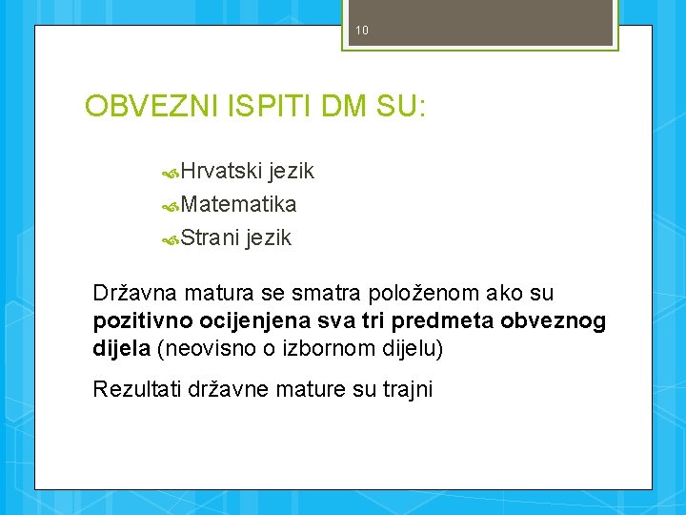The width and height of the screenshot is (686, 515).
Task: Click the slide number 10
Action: pos(361,31)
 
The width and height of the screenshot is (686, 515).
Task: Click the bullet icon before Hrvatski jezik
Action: pos(171,173)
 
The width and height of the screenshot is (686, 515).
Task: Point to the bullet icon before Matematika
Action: pos(171,205)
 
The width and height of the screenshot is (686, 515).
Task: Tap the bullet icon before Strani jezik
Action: pos(171,238)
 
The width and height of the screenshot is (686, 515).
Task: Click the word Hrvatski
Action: pos(221,172)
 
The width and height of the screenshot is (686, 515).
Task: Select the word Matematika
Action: pos(238,205)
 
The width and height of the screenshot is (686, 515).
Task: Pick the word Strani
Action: pos(210,238)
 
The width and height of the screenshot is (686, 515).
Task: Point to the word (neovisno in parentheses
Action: pos(200,349)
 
